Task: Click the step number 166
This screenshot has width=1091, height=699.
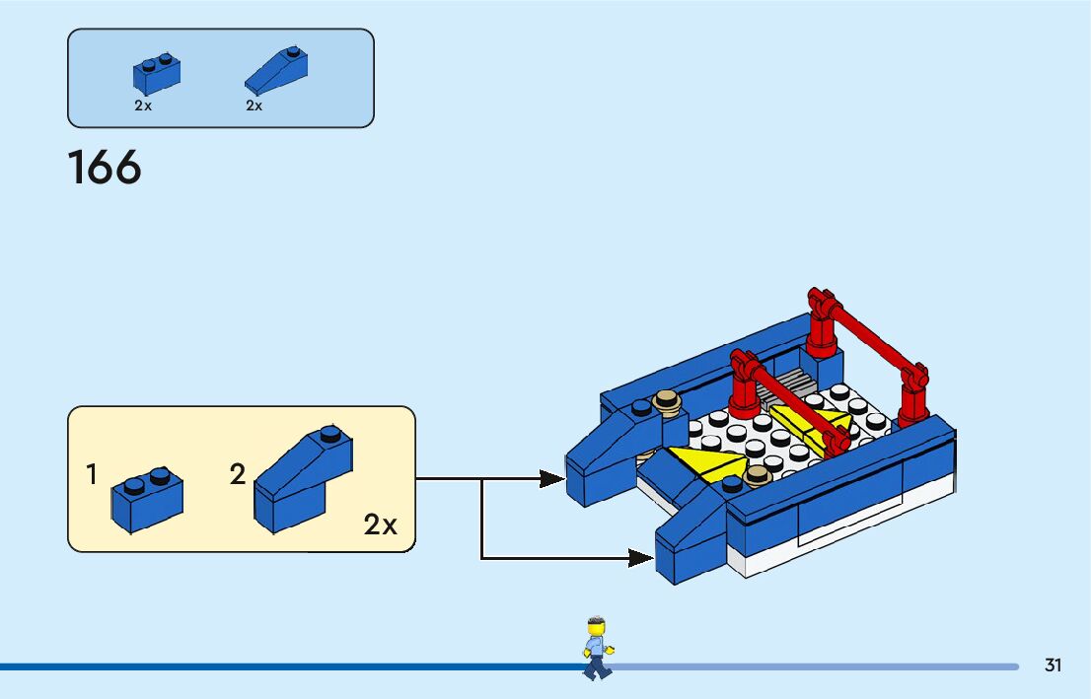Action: click(x=105, y=168)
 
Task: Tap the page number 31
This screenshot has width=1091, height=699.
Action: click(x=1053, y=665)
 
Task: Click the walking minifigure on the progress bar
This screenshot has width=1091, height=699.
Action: click(x=595, y=647)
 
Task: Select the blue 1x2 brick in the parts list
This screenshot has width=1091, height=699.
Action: click(x=156, y=73)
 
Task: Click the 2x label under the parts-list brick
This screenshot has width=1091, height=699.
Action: click(x=143, y=105)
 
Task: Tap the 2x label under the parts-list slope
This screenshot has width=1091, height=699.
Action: click(x=255, y=105)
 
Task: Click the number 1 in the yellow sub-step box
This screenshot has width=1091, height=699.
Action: click(x=92, y=475)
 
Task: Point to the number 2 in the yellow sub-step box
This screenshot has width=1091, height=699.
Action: click(x=237, y=475)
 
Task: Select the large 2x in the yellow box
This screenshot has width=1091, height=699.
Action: click(x=380, y=524)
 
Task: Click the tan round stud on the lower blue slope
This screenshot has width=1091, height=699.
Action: click(x=758, y=475)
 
